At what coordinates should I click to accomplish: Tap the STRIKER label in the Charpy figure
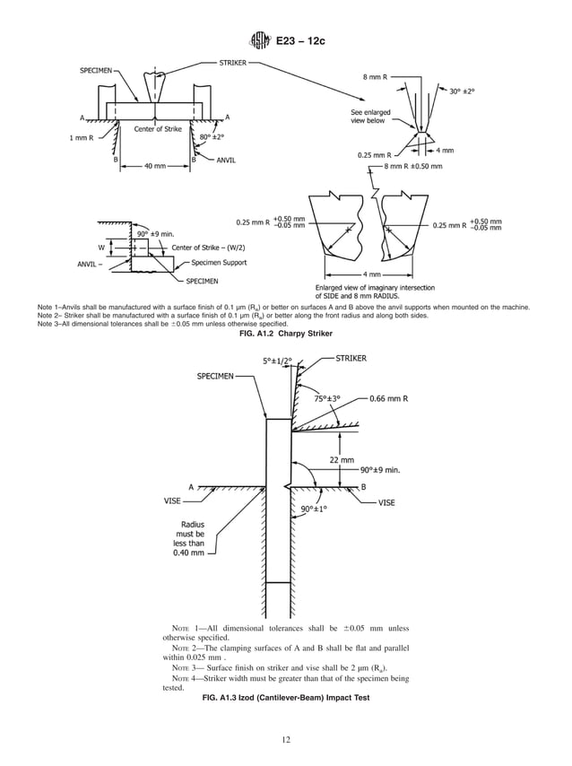pos(235,63)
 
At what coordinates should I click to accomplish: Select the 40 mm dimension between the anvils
pos(155,166)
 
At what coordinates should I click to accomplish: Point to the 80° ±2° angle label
pos(212,137)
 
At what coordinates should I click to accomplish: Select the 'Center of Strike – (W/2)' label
pos(210,247)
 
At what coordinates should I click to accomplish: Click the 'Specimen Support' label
pos(219,263)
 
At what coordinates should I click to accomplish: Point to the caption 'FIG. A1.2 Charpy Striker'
pos(285,334)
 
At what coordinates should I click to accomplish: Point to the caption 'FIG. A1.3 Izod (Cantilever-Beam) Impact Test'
pos(285,698)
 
